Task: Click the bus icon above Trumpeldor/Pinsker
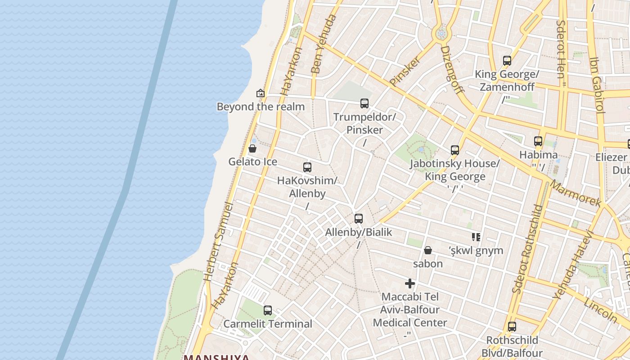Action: pyautogui.click(x=364, y=103)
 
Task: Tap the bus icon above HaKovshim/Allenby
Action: pyautogui.click(x=307, y=167)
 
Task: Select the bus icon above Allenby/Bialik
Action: pyautogui.click(x=359, y=219)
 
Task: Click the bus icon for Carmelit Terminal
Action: pyautogui.click(x=268, y=310)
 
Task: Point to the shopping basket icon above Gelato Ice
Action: pyautogui.click(x=252, y=148)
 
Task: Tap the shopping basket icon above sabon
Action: pyautogui.click(x=428, y=250)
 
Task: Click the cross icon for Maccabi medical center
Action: pyautogui.click(x=410, y=283)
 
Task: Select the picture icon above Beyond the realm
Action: pyautogui.click(x=260, y=93)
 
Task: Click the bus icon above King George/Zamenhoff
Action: pyautogui.click(x=507, y=61)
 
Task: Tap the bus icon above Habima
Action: pyautogui.click(x=538, y=141)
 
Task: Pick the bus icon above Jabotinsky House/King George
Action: pyautogui.click(x=455, y=150)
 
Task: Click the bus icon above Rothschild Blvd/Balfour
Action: pyautogui.click(x=512, y=327)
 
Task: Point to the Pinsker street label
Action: pyautogui.click(x=405, y=71)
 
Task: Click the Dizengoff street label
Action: pyautogui.click(x=452, y=69)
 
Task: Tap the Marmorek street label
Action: pyautogui.click(x=576, y=194)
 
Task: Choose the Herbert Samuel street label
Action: pyautogui.click(x=218, y=242)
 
